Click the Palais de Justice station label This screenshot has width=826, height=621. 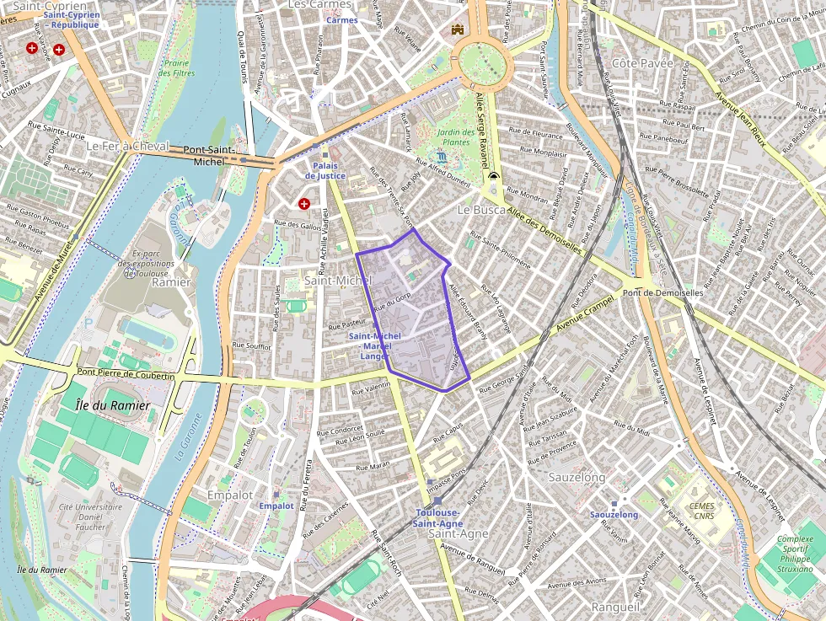[x=324, y=170]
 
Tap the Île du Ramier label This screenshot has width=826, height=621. [x=112, y=405]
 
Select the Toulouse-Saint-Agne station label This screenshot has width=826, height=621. [x=437, y=518]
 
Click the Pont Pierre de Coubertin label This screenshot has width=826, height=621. [x=125, y=373]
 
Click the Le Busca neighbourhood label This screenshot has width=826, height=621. [x=481, y=209]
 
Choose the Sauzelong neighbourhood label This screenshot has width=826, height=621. [x=577, y=478]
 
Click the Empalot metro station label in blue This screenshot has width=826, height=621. [x=276, y=506]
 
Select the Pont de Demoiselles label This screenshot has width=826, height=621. [x=662, y=292]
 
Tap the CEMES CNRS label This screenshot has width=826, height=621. [x=701, y=511]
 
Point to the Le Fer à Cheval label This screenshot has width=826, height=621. [x=128, y=146]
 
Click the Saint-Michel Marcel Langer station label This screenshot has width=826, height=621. [x=374, y=346]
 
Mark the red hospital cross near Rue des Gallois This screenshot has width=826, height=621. [x=304, y=204]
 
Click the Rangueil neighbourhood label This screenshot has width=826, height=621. [x=615, y=607]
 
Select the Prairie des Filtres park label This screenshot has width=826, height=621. [x=177, y=67]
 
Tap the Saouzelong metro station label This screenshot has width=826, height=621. [x=614, y=514]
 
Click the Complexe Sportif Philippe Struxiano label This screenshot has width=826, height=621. [x=795, y=554]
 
